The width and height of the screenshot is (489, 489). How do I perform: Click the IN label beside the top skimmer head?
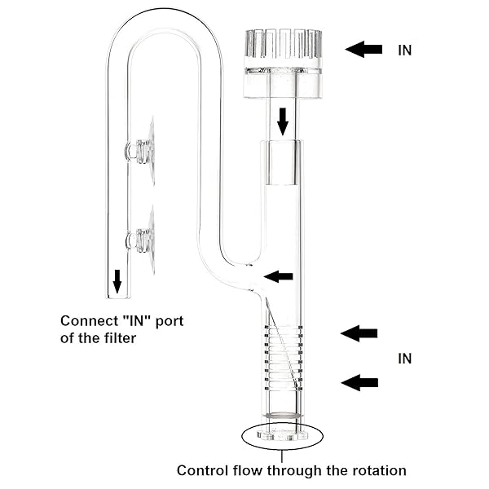point(405,50)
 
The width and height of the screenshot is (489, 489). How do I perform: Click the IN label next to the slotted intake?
point(405,359)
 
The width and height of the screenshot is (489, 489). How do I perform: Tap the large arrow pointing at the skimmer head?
point(363,49)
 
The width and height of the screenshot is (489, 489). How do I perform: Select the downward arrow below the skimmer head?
point(283,121)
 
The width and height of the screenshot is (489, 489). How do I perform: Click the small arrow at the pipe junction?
point(279,276)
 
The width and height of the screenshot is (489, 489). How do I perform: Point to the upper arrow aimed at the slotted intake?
point(359,333)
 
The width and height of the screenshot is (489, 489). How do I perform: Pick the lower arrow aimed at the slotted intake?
point(359,381)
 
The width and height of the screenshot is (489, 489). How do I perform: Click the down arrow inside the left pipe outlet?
point(117,281)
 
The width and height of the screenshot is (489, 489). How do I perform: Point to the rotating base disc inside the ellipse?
point(282,433)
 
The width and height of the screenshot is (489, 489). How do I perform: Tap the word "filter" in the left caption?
point(115,337)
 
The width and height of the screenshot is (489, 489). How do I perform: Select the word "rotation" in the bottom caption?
point(377,470)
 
